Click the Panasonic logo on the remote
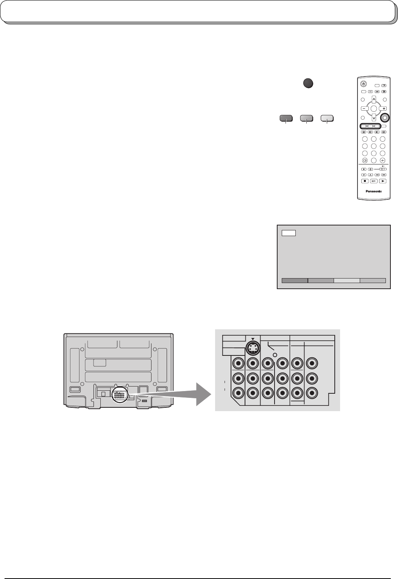[x=373, y=191]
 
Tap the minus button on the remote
[x=363, y=108]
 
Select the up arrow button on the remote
[x=374, y=99]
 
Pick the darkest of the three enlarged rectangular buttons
[x=286, y=119]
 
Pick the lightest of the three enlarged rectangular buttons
[x=327, y=119]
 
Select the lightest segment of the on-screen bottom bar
[x=346, y=281]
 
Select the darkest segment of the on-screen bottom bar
[x=295, y=281]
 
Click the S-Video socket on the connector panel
[x=253, y=348]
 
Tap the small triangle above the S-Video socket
[x=253, y=339]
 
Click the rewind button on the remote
[x=377, y=175]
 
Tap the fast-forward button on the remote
[x=384, y=175]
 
